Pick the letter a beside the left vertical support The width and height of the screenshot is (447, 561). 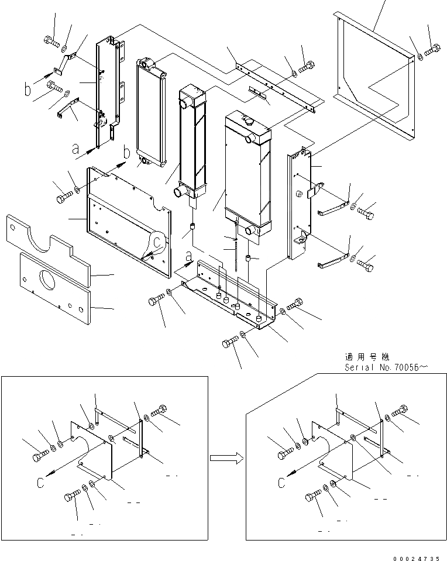pyautogui.click(x=75, y=150)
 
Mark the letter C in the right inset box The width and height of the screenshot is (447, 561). pyautogui.click(x=283, y=483)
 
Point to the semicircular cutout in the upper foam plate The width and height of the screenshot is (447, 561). pyautogui.click(x=42, y=233)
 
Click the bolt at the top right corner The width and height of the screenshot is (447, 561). pyautogui.click(x=432, y=51)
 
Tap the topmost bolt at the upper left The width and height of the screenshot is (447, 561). pyautogui.click(x=50, y=41)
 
